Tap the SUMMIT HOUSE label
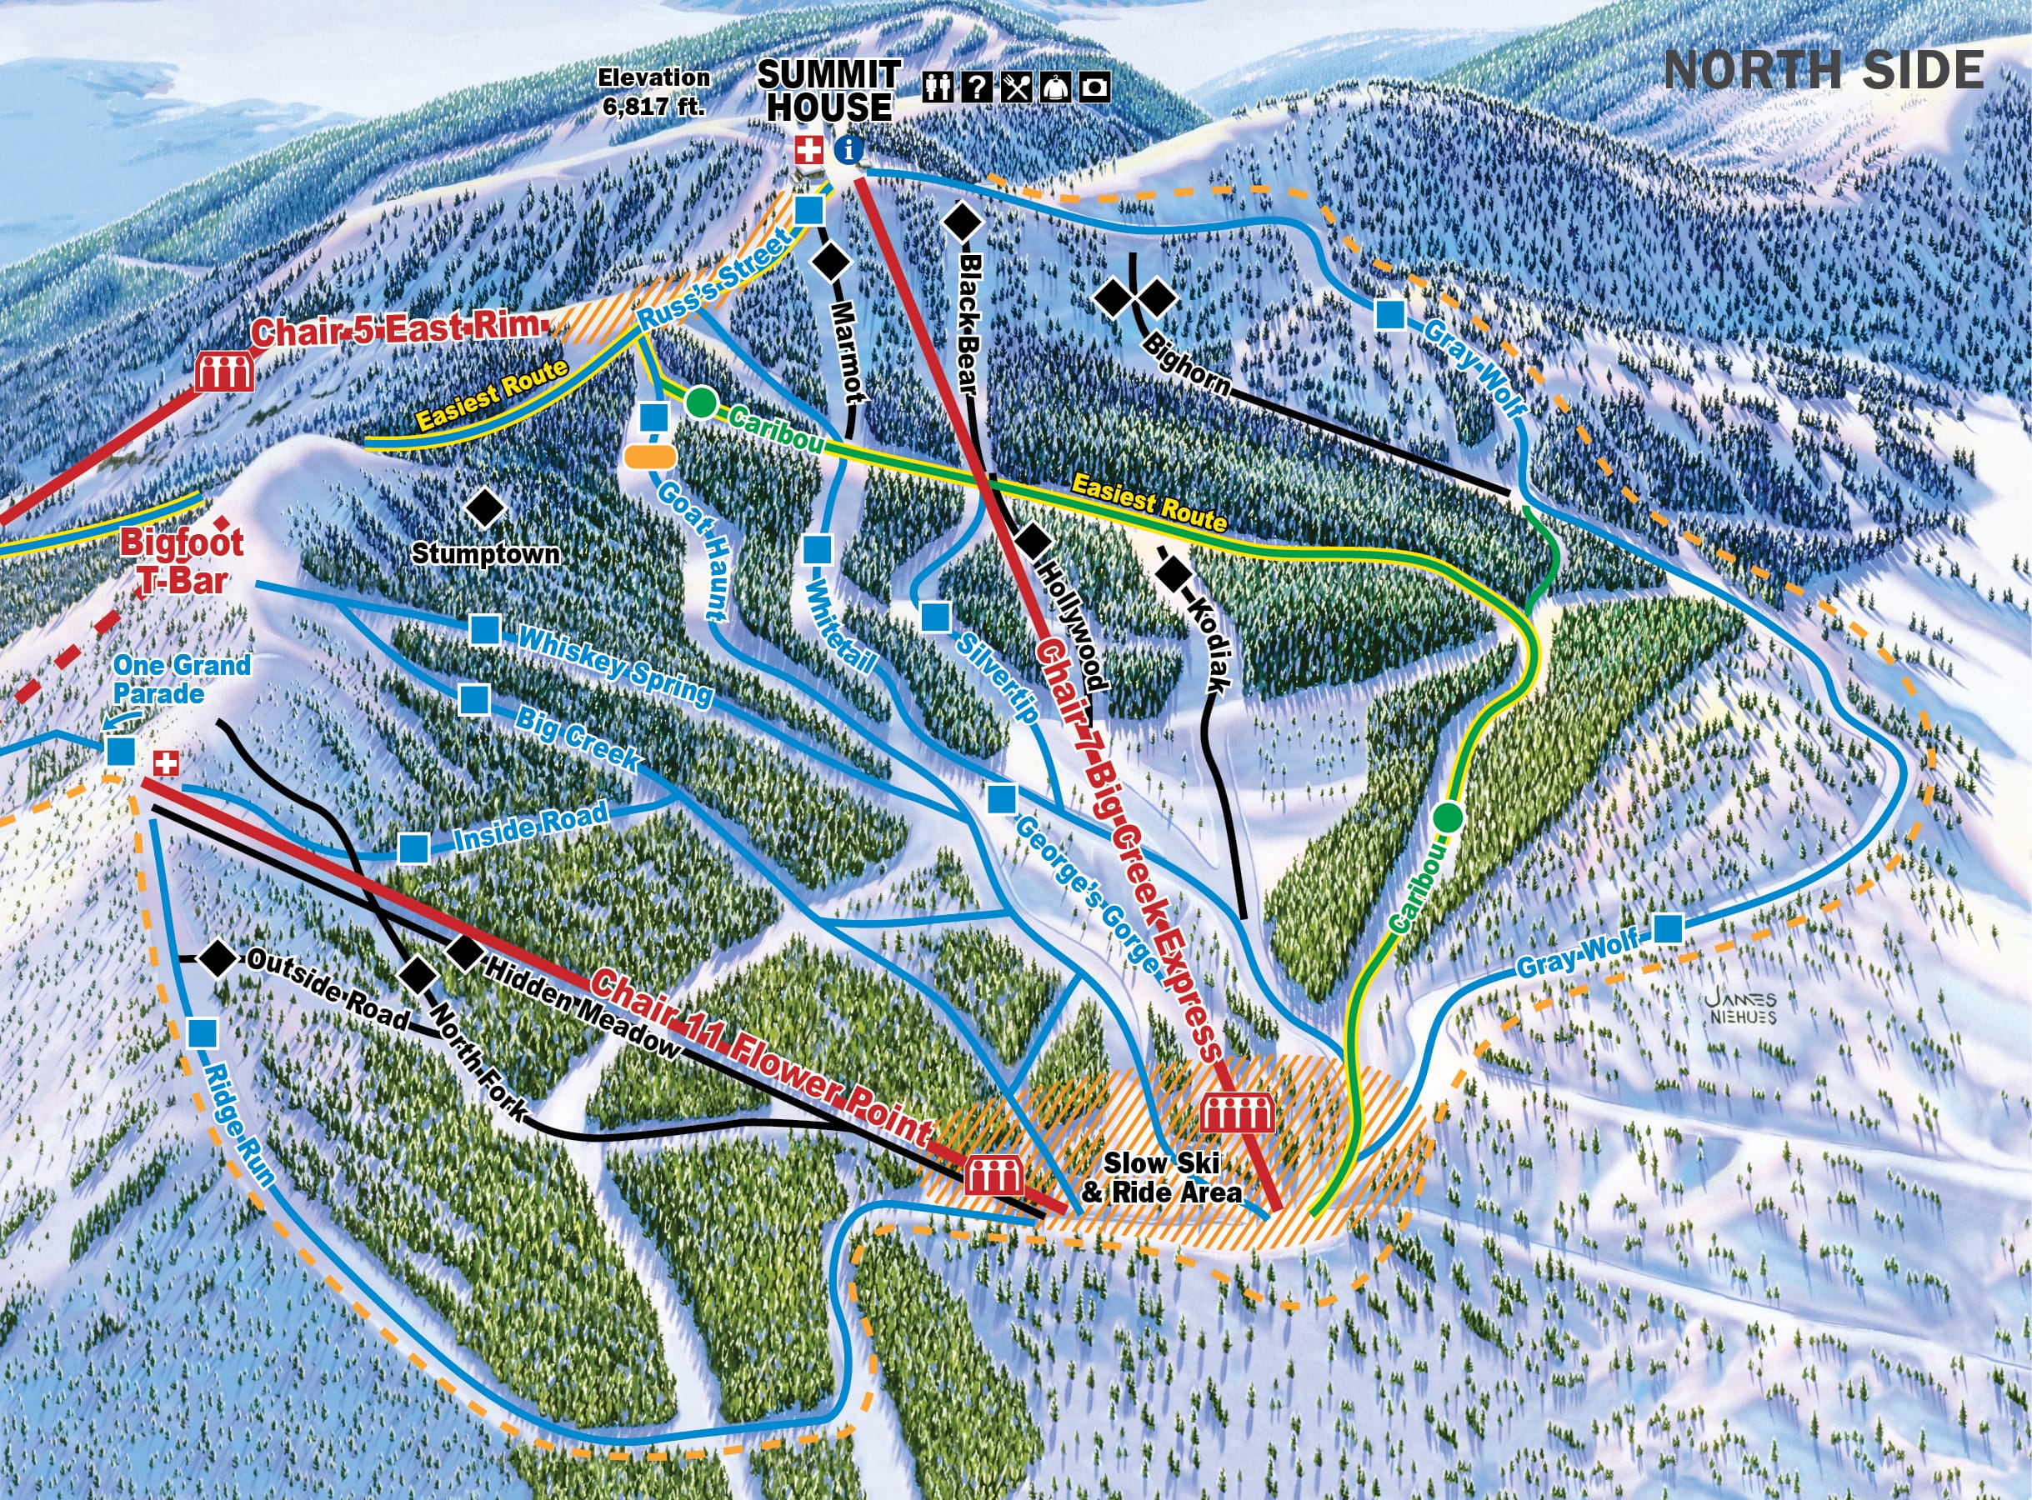(x=828, y=91)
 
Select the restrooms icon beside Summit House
(x=938, y=87)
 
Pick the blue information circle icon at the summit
(x=849, y=150)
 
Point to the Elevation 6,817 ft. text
(x=653, y=92)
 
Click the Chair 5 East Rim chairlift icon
(x=223, y=372)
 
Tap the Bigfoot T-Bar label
(x=182, y=561)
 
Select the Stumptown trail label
(x=486, y=553)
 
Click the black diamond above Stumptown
(x=486, y=508)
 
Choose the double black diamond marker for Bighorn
(x=1135, y=297)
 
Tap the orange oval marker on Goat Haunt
(x=650, y=456)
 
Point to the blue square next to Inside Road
(x=414, y=847)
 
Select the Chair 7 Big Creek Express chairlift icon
(x=1238, y=1113)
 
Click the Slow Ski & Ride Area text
(x=1162, y=1177)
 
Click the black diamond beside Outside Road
(x=217, y=958)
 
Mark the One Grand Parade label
(x=182, y=678)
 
